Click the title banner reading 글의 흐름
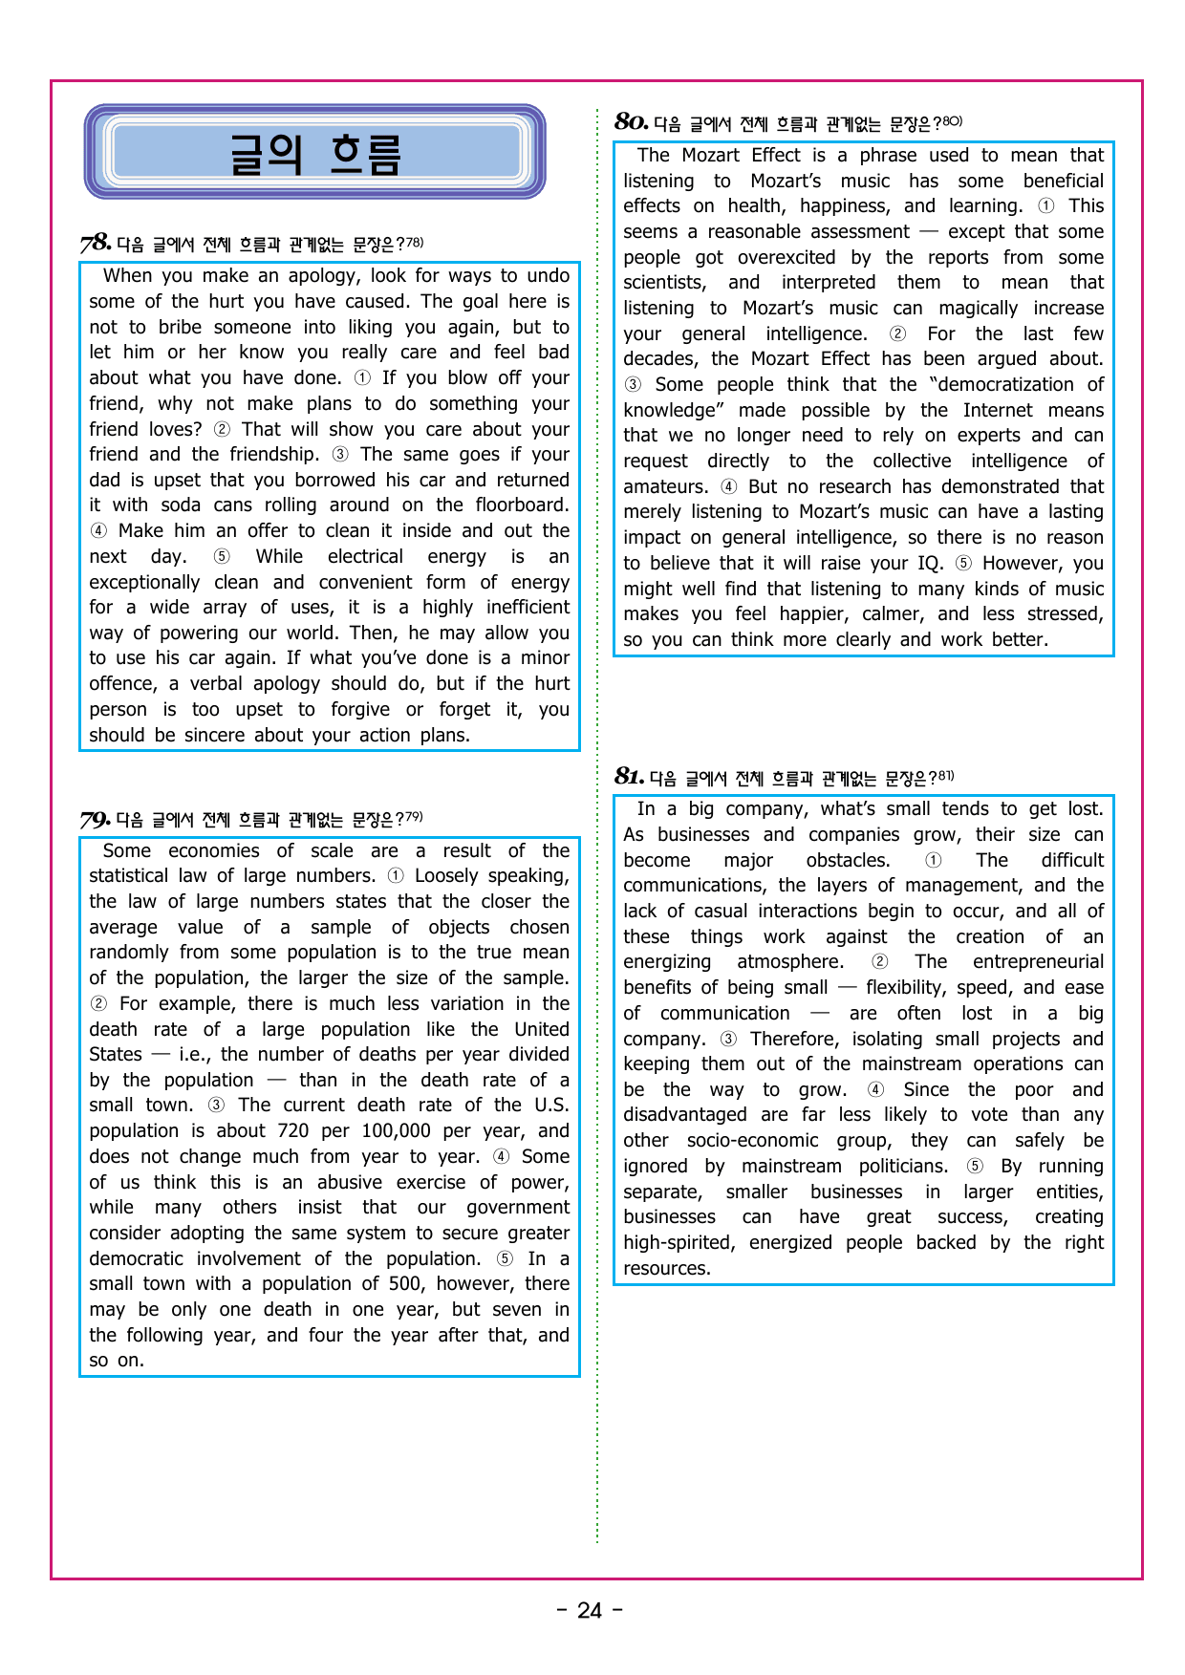(x=314, y=152)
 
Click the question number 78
(x=96, y=243)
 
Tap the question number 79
(x=96, y=819)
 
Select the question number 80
(x=632, y=121)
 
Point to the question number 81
(x=629, y=776)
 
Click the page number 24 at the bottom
(x=590, y=1610)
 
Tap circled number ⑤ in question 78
(x=221, y=556)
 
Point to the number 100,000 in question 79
(x=395, y=1130)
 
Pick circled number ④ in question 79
(x=501, y=1156)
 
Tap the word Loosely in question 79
(x=452, y=875)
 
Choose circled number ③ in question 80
(x=633, y=384)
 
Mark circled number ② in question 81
(x=879, y=961)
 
